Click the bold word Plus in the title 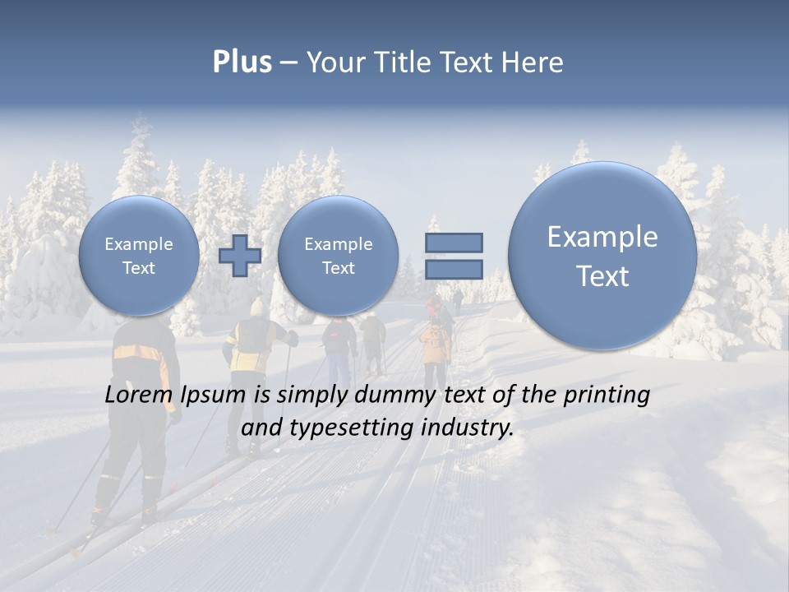[x=242, y=62]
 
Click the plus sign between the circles [x=240, y=255]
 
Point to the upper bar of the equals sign [x=454, y=243]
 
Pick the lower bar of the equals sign [x=454, y=269]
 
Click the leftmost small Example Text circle [x=139, y=256]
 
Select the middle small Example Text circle [x=338, y=256]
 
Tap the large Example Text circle [x=602, y=256]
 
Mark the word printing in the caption [x=607, y=395]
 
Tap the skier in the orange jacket [x=435, y=345]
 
